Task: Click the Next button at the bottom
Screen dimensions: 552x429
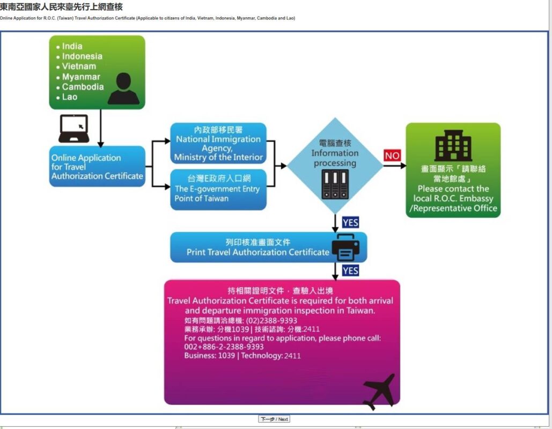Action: click(x=274, y=419)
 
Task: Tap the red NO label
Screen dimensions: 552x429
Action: click(x=392, y=156)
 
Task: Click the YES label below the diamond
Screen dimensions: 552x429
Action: click(x=350, y=223)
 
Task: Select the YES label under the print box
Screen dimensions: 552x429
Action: click(x=350, y=271)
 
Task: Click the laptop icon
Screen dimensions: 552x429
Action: click(x=73, y=129)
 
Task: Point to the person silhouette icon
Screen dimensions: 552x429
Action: click(x=123, y=88)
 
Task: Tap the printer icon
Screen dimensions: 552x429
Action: click(x=345, y=247)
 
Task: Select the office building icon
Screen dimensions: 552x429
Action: click(x=453, y=145)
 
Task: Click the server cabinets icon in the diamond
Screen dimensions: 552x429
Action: click(x=335, y=184)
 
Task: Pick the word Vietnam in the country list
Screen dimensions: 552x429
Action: click(x=79, y=66)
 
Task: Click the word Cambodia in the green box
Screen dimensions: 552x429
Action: click(x=83, y=86)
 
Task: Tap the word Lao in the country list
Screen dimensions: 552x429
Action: click(x=69, y=97)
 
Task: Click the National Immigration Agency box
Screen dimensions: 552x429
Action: click(x=218, y=143)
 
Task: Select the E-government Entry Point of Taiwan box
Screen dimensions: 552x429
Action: click(x=218, y=190)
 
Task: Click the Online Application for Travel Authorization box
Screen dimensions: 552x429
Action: click(x=97, y=166)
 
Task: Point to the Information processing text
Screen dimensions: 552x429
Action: click(x=335, y=158)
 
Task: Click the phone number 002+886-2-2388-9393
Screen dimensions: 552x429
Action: click(x=224, y=346)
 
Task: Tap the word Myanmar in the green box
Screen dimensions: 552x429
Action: click(x=81, y=77)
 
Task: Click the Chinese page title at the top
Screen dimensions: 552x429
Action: click(x=61, y=6)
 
